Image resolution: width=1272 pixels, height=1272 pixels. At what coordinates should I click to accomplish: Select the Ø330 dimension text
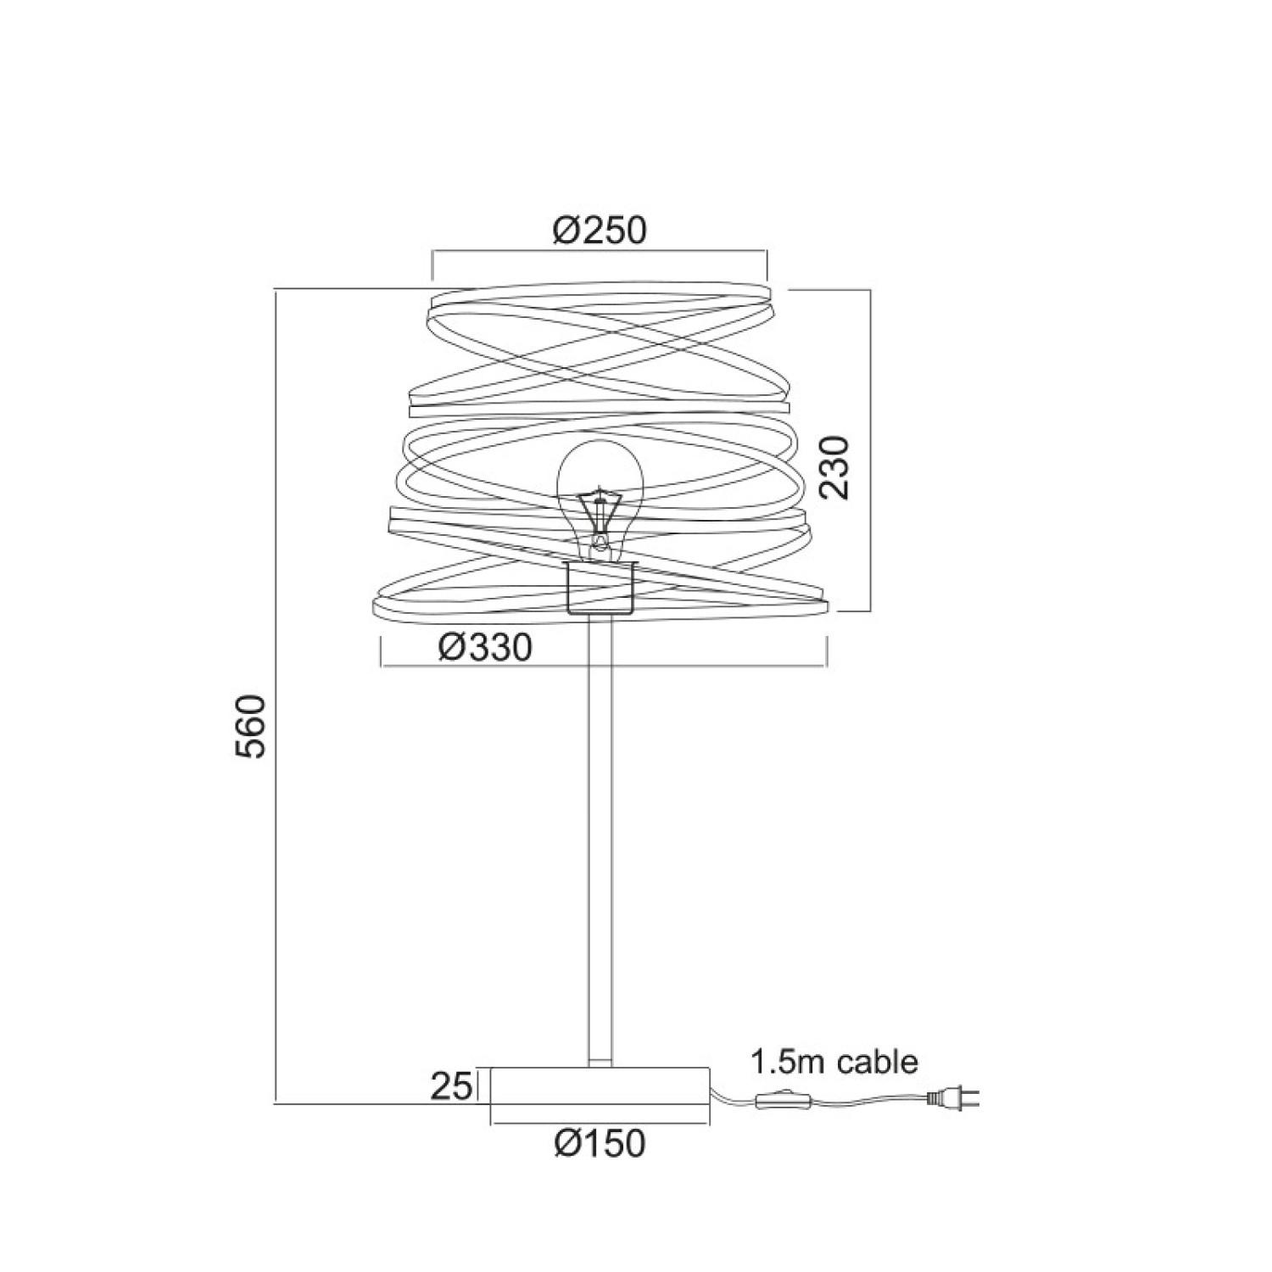485,648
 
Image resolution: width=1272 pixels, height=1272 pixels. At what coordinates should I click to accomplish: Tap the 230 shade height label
834,467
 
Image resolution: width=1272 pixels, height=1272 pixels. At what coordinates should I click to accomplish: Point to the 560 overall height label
253,726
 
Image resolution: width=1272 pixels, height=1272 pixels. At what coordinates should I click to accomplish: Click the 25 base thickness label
450,1086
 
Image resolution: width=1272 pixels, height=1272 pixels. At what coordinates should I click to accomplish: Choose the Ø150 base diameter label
600,1143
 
